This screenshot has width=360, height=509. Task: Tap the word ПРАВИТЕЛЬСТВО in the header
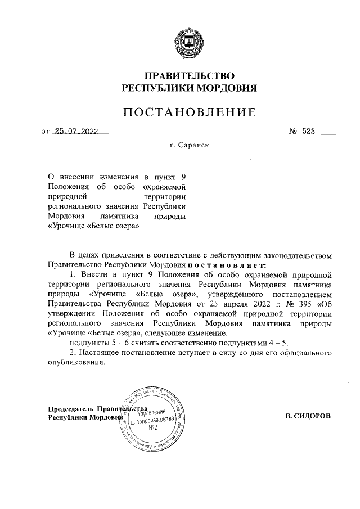click(190, 76)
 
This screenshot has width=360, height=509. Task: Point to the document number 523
click(308, 132)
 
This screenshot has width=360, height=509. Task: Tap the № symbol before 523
click(293, 132)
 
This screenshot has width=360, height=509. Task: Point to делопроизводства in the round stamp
click(153, 421)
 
